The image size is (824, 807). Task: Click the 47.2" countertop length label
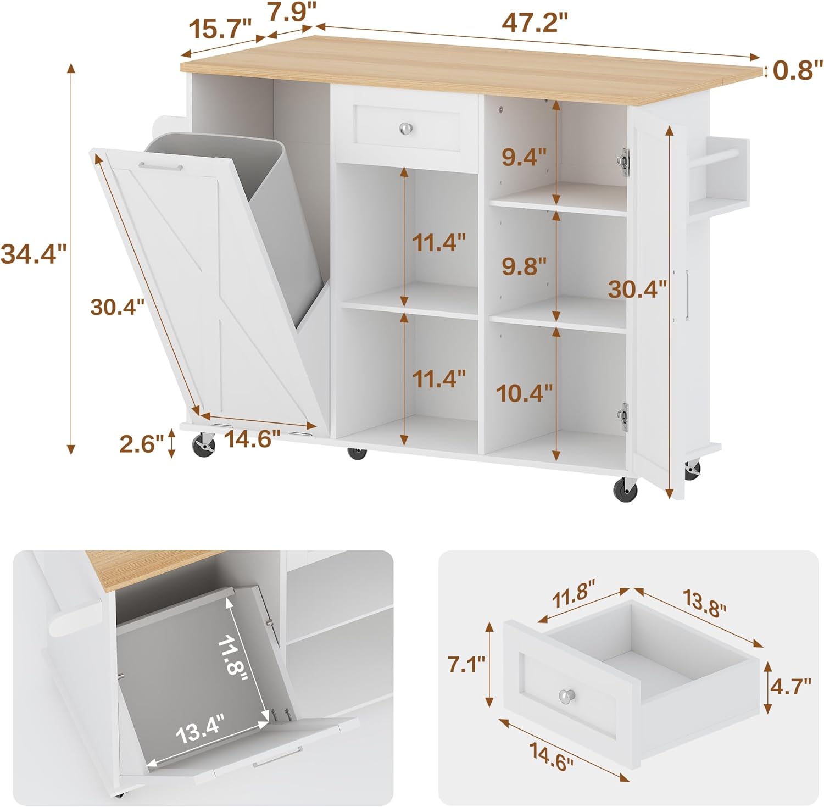[x=534, y=24]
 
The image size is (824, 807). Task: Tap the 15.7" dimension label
[x=219, y=28]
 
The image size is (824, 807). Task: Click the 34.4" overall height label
[x=34, y=254]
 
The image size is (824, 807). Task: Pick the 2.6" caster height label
[x=142, y=444]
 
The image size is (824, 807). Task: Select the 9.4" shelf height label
[x=524, y=158]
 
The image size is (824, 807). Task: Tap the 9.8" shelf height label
[x=524, y=266]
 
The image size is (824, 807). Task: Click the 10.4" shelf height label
[x=524, y=393]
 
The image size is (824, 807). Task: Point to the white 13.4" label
[x=201, y=729]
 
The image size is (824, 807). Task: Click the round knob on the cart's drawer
[x=406, y=128]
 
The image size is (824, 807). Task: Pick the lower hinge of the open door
[x=623, y=416]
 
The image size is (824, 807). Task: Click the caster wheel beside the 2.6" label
[x=203, y=444]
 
